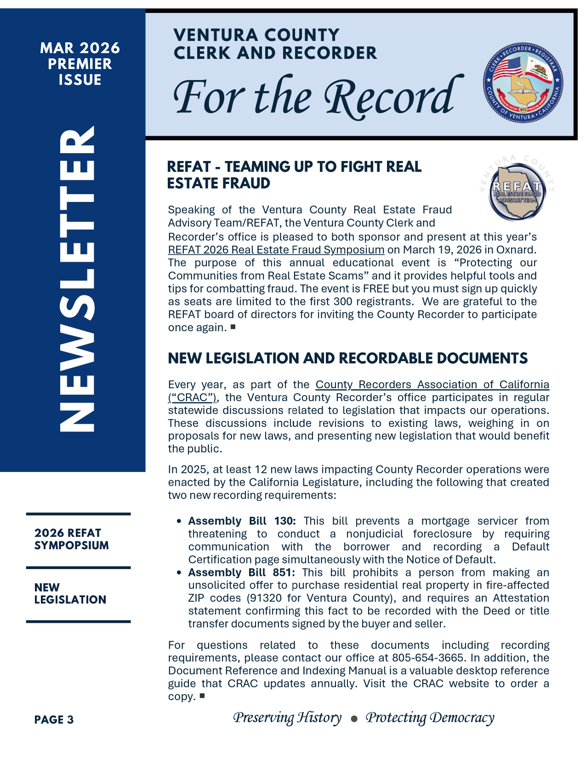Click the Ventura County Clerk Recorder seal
coord(523,83)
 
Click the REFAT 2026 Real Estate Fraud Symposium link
coord(276,250)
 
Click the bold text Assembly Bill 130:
coord(242,521)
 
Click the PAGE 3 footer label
coord(54,720)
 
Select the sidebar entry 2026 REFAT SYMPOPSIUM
coord(72,539)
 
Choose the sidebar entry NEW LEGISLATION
coord(70,593)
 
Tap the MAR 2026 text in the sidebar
coord(80,48)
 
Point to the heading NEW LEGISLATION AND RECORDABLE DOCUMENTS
coord(347,358)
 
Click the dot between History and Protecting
coord(353,719)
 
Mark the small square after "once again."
coord(233,327)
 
